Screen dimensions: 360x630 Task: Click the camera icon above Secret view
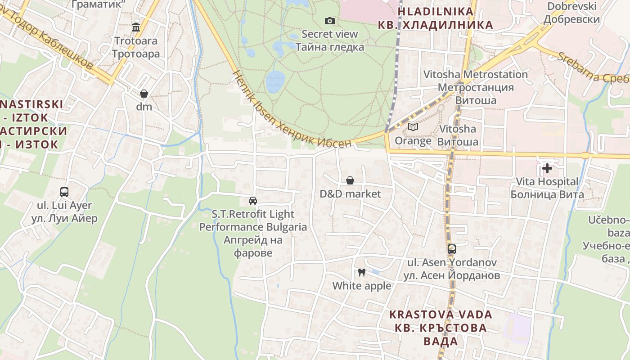[x=330, y=21]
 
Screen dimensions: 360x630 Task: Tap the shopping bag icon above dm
[x=144, y=94]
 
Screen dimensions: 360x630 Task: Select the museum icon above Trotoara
[x=136, y=27]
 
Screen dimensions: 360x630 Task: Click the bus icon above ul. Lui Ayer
[x=64, y=192]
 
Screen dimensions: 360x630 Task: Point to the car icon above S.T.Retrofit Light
[x=253, y=201]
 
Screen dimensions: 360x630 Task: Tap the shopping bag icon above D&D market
[x=350, y=180]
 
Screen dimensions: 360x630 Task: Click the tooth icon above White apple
[x=361, y=272]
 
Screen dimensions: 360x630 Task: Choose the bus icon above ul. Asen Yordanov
[x=452, y=249]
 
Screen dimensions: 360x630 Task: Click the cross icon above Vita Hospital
[x=547, y=168]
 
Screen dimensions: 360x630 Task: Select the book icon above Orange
[x=413, y=127]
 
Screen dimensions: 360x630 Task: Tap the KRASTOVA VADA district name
[x=441, y=314]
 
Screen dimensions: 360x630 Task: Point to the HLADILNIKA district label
[x=436, y=12]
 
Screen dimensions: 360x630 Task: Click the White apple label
[x=362, y=286]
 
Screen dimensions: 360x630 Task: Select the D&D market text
[x=350, y=194]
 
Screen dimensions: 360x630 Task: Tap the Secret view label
[x=330, y=34]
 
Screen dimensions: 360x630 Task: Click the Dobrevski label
[x=571, y=6]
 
